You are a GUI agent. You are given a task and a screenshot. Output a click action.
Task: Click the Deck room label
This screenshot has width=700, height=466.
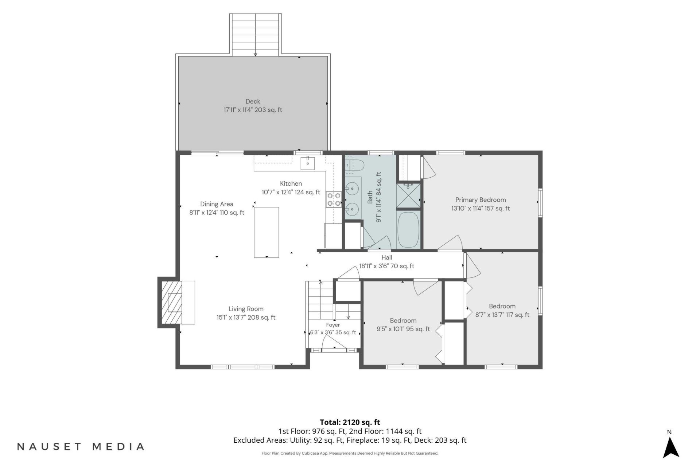click(253, 102)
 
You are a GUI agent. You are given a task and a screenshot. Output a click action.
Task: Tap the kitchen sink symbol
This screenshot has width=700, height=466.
click(308, 163)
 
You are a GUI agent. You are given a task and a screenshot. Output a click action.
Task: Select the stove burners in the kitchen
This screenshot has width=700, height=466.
click(334, 200)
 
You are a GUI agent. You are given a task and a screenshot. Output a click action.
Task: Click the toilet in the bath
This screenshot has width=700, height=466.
click(354, 165)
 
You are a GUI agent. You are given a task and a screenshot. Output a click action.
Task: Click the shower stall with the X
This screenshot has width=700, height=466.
click(408, 196)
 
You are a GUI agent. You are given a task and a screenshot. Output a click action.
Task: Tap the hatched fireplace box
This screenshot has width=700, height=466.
click(171, 302)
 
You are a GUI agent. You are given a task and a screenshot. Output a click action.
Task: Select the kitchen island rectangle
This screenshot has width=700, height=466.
click(267, 232)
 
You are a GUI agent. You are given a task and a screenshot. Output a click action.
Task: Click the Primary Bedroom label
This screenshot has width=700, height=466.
click(481, 200)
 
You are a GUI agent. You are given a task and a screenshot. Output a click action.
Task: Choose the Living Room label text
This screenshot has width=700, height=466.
click(246, 309)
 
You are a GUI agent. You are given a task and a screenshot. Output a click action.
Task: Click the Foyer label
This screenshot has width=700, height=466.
click(333, 325)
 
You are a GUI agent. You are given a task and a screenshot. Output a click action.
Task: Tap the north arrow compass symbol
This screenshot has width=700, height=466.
click(670, 447)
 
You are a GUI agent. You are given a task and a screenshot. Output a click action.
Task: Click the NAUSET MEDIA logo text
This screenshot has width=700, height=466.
click(81, 447)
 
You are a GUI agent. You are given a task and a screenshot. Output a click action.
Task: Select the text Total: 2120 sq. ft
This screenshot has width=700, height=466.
click(350, 422)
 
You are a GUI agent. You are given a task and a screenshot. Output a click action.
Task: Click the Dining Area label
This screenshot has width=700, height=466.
click(217, 204)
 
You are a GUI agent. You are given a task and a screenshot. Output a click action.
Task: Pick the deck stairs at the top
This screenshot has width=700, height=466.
click(255, 35)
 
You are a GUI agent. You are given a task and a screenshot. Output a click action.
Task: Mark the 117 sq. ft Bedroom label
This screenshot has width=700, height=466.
click(502, 307)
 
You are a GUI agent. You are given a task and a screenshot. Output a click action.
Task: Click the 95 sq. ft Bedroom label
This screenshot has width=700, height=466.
click(403, 321)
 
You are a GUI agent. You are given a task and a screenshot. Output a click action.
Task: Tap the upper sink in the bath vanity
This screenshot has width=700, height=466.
click(352, 189)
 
